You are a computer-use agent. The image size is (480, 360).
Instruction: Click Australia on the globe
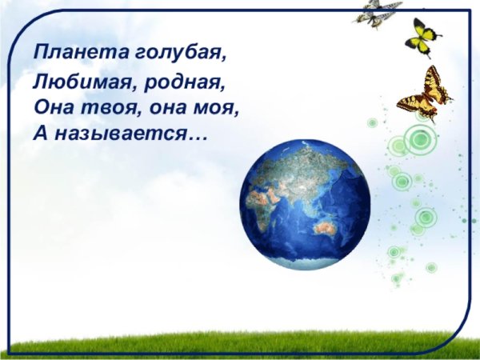pyautogui.click(x=326, y=230)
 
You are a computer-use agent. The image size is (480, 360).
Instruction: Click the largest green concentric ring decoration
pyautogui.click(x=419, y=140)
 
